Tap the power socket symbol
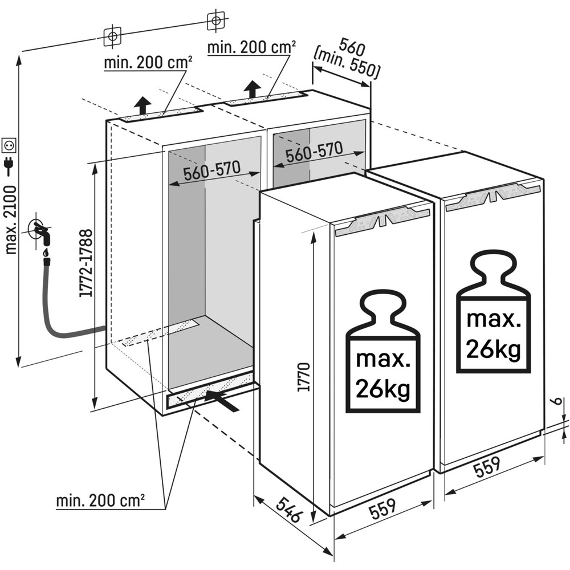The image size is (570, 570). tap(10, 145)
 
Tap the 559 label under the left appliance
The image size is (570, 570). tap(382, 508)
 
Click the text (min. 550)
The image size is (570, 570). tap(347, 64)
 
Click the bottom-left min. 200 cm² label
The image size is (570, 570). tap(100, 502)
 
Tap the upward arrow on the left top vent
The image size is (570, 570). tap(142, 105)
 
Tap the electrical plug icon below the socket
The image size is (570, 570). tap(10, 165)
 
